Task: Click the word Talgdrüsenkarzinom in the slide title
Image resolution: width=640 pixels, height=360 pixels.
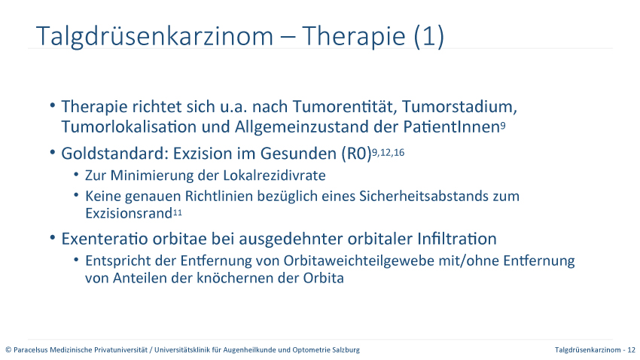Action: [x=154, y=37]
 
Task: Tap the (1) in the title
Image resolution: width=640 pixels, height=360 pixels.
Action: [x=428, y=37]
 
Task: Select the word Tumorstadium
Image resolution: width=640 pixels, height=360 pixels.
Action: [x=459, y=106]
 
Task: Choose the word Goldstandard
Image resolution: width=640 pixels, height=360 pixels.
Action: [x=114, y=154]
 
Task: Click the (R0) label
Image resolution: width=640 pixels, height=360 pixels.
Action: [x=356, y=154]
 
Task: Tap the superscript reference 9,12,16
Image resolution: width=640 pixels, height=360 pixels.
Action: [x=389, y=153]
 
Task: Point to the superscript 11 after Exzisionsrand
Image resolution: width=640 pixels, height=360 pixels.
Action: [x=177, y=212]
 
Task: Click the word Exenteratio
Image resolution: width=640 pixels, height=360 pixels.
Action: [x=105, y=239]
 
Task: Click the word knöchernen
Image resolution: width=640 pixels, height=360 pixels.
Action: [x=234, y=278]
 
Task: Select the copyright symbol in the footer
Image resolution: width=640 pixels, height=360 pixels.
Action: [x=8, y=349]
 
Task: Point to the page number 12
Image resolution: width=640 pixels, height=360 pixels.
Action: [x=632, y=349]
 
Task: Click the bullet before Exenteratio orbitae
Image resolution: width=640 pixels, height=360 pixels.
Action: [x=52, y=237]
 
